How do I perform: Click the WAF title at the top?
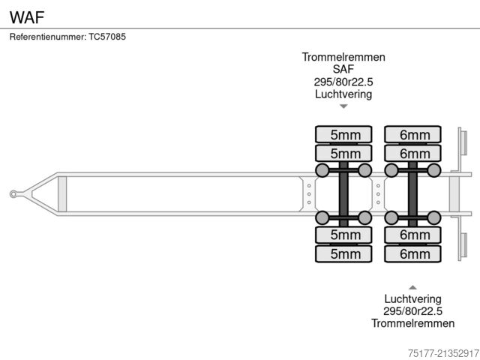(x=27, y=14)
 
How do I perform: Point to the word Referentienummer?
(x=47, y=36)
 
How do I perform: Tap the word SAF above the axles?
(x=343, y=69)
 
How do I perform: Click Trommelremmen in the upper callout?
(x=343, y=57)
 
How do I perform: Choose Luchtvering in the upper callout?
(x=343, y=94)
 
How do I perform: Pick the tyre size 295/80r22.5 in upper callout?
(x=343, y=82)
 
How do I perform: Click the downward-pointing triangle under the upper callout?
(x=343, y=106)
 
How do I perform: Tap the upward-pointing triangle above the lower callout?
(x=412, y=286)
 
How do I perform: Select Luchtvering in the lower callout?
(x=412, y=298)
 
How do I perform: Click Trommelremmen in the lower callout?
(x=412, y=323)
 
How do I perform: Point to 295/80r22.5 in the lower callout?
(x=412, y=311)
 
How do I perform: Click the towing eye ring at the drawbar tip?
(x=14, y=194)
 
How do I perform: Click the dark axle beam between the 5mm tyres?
(x=343, y=194)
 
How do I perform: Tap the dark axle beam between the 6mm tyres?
(x=412, y=194)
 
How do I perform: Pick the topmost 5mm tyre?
(x=343, y=134)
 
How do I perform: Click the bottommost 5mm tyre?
(x=343, y=253)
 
